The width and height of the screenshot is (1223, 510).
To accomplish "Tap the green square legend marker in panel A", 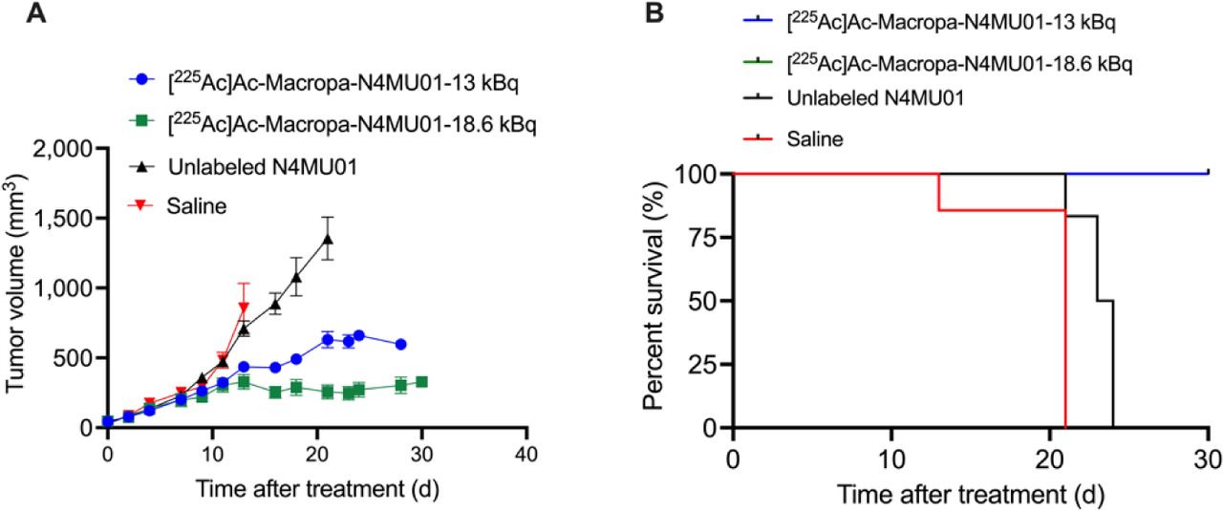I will click(x=141, y=122).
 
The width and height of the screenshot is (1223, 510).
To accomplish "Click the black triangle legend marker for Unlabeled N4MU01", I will click(x=141, y=164).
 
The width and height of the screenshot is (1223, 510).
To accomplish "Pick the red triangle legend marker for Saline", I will click(x=141, y=206).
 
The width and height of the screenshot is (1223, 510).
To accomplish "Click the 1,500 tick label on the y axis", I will click(x=68, y=219).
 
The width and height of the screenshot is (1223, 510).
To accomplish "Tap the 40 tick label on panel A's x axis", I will click(x=525, y=451).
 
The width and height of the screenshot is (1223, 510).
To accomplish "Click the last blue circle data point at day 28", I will click(x=400, y=344).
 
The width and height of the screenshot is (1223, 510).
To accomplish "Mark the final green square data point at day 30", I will click(x=421, y=381).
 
